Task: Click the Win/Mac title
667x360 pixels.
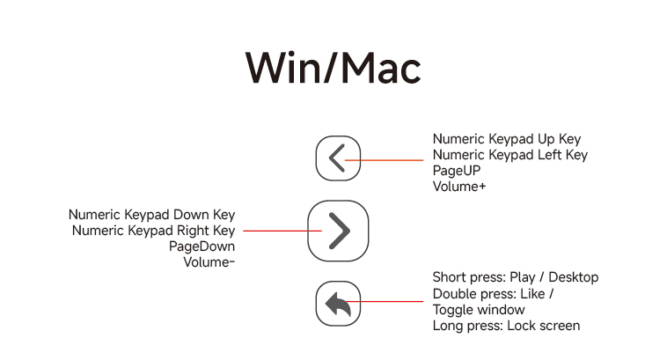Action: [333, 68]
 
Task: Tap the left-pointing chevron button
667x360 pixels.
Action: [338, 159]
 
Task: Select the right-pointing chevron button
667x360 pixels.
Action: [338, 231]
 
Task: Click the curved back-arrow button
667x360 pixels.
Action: [338, 304]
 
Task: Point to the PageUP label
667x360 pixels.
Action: [456, 171]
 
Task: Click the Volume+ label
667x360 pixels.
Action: [459, 187]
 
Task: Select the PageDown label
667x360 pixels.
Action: [202, 246]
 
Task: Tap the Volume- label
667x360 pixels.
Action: [209, 261]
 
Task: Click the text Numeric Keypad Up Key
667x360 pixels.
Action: [506, 139]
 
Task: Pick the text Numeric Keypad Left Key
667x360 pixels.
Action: [509, 155]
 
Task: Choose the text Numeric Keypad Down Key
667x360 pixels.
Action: [151, 215]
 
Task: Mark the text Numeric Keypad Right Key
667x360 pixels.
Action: [153, 231]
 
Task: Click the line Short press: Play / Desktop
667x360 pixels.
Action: [515, 277]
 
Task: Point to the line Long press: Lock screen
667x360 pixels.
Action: [506, 326]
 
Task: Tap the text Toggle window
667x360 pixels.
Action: [478, 310]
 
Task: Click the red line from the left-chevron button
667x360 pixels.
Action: [387, 160]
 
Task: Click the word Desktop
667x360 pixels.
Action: [573, 277]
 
